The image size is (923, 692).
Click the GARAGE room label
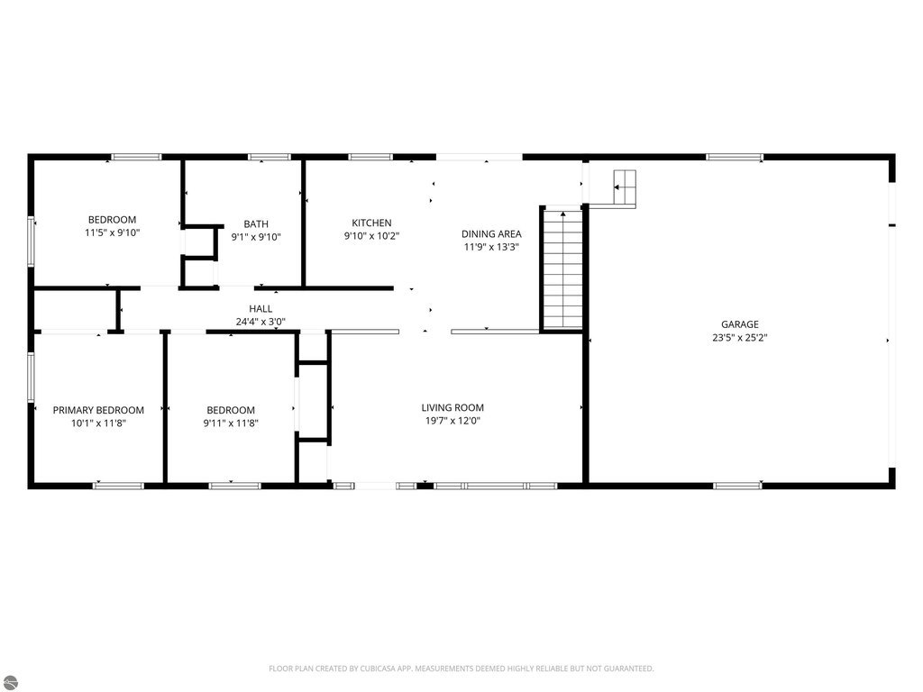coord(739,324)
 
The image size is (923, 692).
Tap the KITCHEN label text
coord(371,223)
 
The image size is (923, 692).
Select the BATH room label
coord(256,224)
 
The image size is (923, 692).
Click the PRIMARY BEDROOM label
coord(98,410)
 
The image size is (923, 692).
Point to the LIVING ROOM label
coord(452,408)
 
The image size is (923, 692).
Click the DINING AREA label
coord(491,234)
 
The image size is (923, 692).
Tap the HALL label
coord(260,309)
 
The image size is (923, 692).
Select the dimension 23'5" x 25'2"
coord(739,338)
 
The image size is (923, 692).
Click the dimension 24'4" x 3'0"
coord(260,322)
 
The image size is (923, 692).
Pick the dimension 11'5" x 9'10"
coord(112,233)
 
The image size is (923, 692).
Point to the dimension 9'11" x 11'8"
coord(231,423)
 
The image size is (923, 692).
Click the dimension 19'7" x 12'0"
coord(452,421)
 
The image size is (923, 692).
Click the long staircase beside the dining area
coord(562,269)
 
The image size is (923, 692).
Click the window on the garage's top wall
coord(735,157)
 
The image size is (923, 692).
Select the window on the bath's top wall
coord(270,157)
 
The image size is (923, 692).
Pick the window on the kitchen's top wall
coord(370,157)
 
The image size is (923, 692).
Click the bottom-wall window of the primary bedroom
coord(118,486)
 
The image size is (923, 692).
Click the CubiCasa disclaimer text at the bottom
coord(461,669)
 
